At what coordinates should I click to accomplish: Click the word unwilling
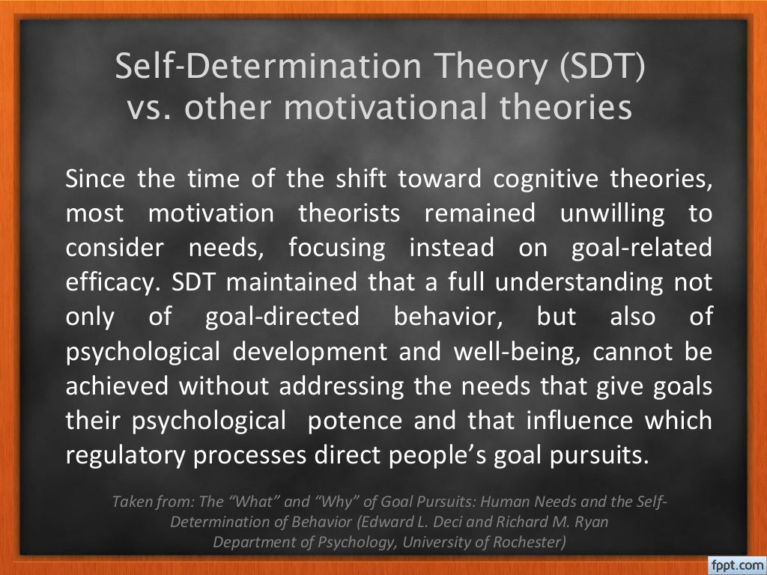612,214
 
